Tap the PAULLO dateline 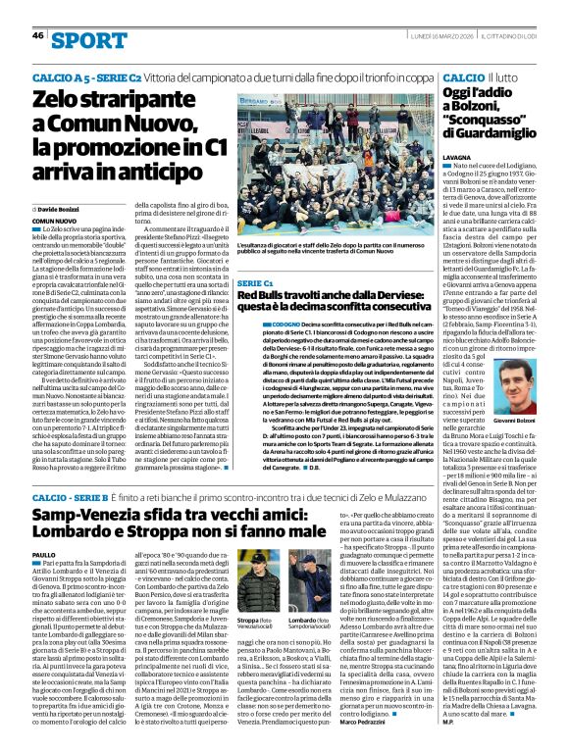tap(44, 555)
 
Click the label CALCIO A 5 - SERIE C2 tap(78, 75)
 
